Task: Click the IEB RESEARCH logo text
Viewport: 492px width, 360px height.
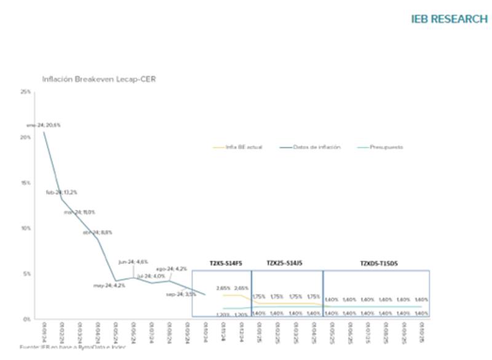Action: [449, 19]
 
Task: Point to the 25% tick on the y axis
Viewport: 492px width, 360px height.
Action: [26, 92]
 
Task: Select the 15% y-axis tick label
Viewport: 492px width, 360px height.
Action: [26, 183]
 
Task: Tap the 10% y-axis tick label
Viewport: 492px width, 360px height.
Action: [26, 228]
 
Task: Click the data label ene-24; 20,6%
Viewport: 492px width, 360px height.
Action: [43, 125]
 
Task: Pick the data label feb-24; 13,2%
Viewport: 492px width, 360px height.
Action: [61, 193]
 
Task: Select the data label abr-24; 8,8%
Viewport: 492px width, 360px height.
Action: [97, 233]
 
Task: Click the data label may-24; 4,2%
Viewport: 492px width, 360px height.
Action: [109, 286]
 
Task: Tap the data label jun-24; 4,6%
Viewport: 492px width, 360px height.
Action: [133, 262]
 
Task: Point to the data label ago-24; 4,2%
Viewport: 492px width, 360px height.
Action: [172, 269]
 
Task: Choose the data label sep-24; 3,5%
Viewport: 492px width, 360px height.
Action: [181, 294]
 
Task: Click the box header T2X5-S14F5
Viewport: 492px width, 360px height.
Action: [226, 263]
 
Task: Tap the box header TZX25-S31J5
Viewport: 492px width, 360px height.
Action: [284, 263]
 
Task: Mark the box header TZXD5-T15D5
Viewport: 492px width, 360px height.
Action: [379, 263]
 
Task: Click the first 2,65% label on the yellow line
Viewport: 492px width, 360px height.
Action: [223, 288]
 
